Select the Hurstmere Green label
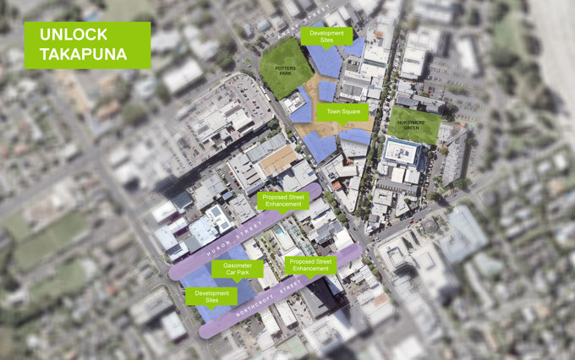tap(414, 123)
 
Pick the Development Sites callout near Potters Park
tap(326, 35)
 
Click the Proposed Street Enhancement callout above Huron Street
tap(282, 200)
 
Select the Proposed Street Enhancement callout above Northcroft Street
tap(310, 265)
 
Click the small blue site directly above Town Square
tap(327, 90)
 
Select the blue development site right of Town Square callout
tap(354, 136)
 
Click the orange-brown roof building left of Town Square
tap(278, 159)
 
